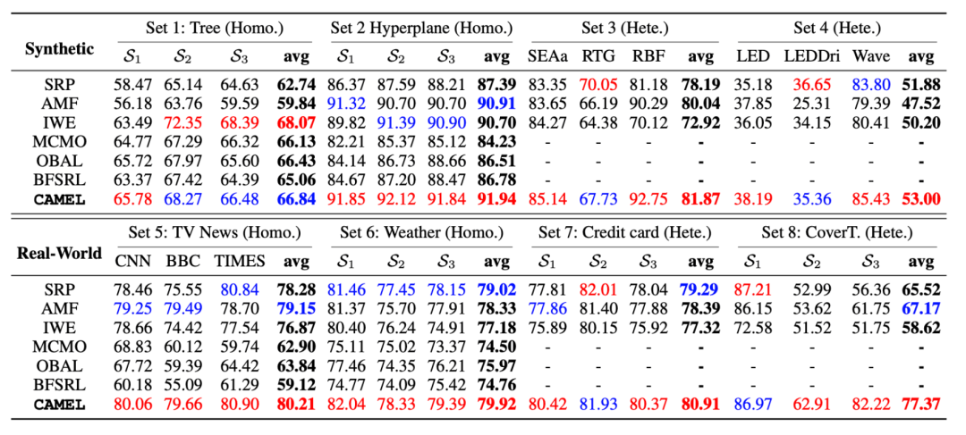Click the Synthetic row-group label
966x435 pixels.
pos(60,48)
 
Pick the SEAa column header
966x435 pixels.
pos(548,56)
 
